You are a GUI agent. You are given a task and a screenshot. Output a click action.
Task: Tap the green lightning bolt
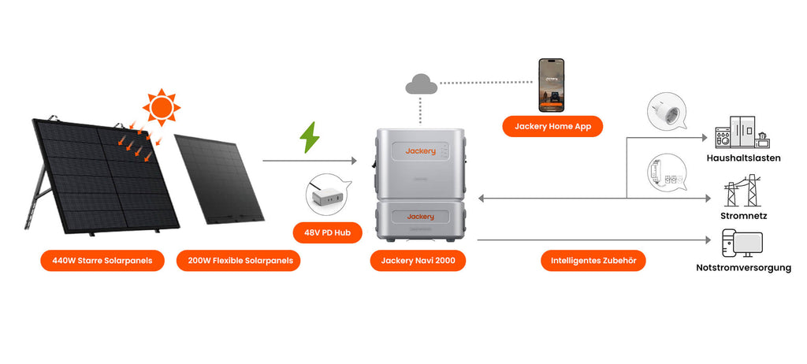(310, 137)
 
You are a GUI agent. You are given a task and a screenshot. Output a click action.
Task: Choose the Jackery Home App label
(552, 126)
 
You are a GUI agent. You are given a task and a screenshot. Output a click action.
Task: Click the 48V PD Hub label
(327, 232)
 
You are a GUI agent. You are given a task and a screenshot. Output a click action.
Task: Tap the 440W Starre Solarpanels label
(102, 260)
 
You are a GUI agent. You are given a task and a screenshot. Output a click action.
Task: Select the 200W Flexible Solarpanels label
(239, 260)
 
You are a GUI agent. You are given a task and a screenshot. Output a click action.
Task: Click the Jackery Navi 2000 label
(418, 260)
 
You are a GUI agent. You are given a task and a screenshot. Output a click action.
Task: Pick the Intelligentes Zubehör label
(593, 260)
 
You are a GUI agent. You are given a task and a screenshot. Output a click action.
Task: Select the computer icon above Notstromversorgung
(742, 243)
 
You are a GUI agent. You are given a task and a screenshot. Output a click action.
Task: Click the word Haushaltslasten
(744, 158)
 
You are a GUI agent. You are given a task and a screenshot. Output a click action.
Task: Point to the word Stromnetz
(744, 215)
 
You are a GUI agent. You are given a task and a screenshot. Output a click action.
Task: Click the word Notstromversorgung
(744, 268)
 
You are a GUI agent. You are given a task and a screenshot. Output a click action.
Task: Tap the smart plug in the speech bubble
(662, 111)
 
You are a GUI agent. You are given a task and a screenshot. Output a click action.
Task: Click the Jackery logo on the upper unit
(421, 150)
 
